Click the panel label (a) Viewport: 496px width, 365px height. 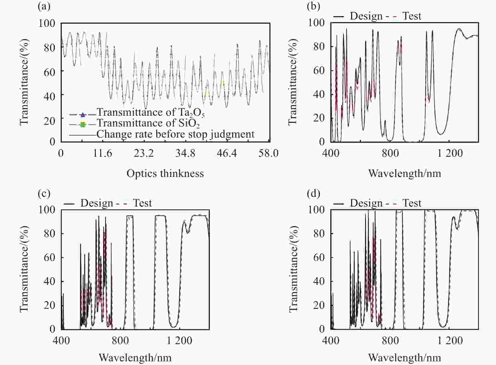click(44, 6)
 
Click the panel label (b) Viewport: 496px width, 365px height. click(314, 6)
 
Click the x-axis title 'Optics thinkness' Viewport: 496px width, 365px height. click(165, 173)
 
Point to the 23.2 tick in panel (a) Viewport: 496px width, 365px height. click(144, 153)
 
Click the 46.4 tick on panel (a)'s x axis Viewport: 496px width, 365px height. click(227, 153)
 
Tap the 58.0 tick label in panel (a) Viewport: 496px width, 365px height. click(268, 153)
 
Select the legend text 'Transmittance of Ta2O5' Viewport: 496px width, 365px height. click(151, 112)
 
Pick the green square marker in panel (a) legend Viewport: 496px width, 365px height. click(83, 125)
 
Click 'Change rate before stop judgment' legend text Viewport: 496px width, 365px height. click(175, 134)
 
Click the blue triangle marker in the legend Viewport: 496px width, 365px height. click(83, 114)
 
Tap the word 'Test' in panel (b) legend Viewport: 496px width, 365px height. click(412, 16)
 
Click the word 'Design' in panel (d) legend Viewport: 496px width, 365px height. click(366, 203)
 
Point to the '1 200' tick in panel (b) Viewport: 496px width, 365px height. click(450, 153)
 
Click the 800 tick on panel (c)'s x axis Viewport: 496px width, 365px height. click(120, 340)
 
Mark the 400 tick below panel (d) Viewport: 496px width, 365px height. click(331, 340)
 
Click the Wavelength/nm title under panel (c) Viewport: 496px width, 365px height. click(135, 357)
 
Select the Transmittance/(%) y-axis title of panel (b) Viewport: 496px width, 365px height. click(293, 82)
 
